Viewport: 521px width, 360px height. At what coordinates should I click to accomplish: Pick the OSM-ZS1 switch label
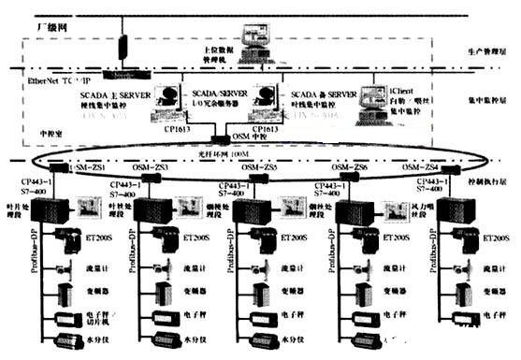86,166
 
